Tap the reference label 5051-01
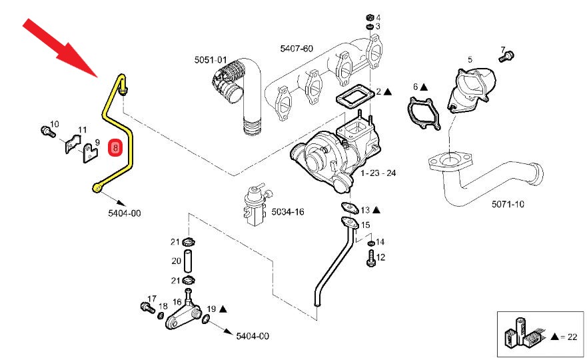(211, 60)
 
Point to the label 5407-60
(296, 49)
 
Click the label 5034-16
(287, 211)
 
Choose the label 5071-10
(508, 204)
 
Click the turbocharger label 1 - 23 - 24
(378, 173)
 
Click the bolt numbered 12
(370, 261)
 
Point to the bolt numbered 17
(145, 307)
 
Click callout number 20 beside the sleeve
(176, 261)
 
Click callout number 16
(177, 302)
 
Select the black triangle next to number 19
(223, 309)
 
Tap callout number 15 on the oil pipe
(364, 225)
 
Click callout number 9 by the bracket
(97, 142)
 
